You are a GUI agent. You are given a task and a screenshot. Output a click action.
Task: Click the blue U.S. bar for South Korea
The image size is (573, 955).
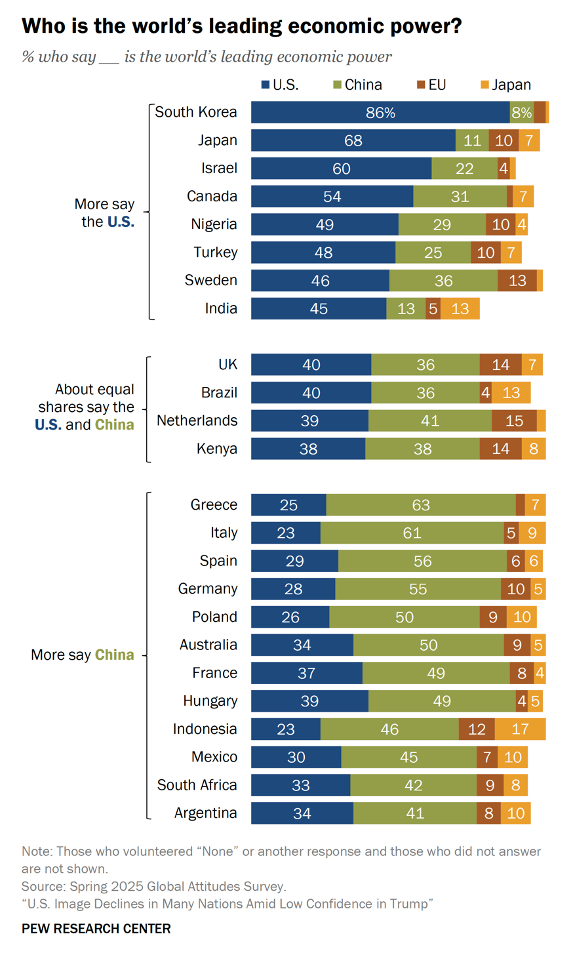click(380, 112)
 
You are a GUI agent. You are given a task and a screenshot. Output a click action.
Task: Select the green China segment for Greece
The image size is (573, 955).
click(421, 505)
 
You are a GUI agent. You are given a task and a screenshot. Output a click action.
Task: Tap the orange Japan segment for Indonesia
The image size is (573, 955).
click(520, 729)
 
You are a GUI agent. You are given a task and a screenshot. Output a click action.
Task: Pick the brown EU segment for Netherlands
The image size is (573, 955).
click(514, 420)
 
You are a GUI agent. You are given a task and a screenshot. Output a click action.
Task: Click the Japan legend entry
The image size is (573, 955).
click(505, 85)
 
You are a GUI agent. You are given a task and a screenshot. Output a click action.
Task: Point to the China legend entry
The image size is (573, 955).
click(357, 85)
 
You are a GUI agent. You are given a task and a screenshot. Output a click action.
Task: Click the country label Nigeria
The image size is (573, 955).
click(214, 224)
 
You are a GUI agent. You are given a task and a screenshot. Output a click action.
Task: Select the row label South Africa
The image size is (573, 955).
click(197, 785)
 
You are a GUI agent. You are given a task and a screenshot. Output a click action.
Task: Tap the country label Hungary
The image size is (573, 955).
click(210, 701)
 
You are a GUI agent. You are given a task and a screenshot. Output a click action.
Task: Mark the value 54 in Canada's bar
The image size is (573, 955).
click(332, 197)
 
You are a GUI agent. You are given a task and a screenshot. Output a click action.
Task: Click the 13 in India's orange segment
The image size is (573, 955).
click(460, 309)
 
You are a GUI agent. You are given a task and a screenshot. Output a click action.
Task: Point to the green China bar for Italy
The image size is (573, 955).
click(412, 533)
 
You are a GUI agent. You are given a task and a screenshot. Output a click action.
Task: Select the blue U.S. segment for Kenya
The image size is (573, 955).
click(308, 449)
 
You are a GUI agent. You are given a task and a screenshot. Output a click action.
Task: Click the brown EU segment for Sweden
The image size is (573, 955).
click(517, 281)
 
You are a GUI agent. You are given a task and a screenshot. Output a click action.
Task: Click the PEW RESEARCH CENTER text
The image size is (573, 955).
click(96, 929)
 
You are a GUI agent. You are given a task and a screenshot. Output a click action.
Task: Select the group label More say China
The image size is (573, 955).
click(83, 655)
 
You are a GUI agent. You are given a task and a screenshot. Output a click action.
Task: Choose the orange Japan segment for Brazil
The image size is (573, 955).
click(511, 393)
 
